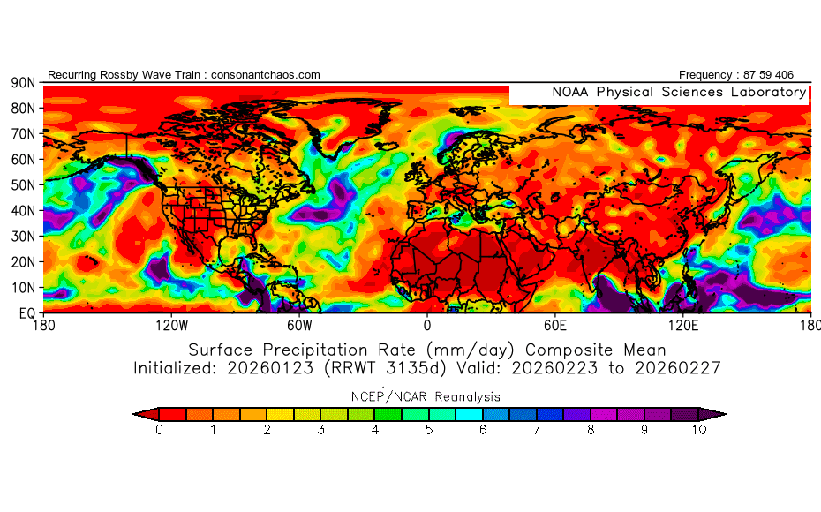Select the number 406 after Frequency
(782, 75)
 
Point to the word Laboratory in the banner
(768, 93)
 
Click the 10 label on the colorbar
(698, 430)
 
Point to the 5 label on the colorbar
(429, 430)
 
